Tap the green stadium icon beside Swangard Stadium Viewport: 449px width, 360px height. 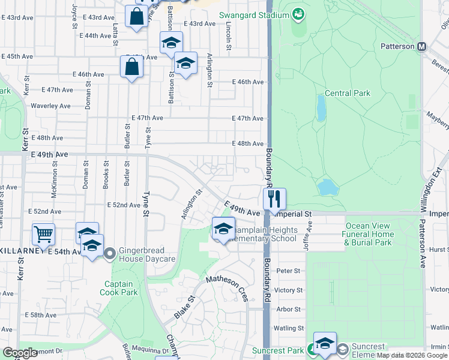297,14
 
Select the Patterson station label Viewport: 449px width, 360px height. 397,46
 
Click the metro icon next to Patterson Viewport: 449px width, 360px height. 422,46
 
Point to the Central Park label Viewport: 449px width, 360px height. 347,93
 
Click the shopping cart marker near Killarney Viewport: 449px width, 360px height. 43,234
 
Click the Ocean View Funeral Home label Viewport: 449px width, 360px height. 367,234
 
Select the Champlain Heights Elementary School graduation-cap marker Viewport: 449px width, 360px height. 223,229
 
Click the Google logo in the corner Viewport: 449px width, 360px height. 20,352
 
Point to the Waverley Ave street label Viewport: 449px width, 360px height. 50,106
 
